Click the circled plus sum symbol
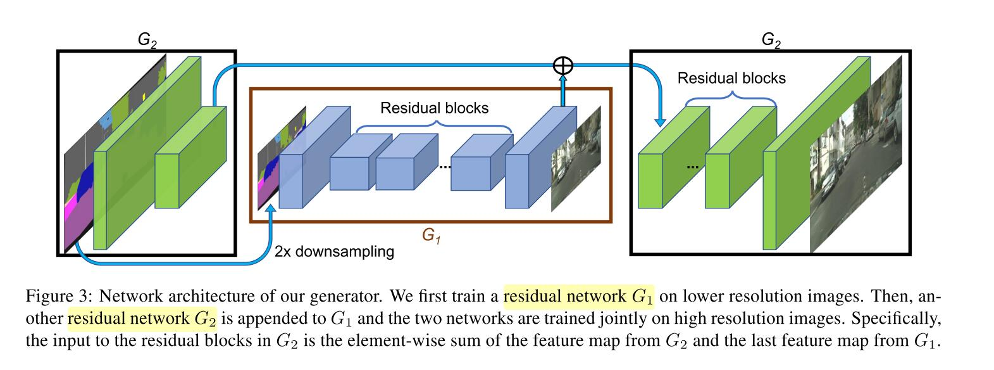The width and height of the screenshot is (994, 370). point(562,65)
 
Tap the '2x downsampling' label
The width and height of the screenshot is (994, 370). point(334,252)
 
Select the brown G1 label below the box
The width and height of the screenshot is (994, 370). point(431,236)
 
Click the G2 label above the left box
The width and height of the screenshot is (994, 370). point(147,40)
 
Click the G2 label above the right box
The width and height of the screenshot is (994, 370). point(771,40)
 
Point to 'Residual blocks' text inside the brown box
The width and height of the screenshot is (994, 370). point(434,108)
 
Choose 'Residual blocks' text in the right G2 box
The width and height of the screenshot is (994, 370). point(731,79)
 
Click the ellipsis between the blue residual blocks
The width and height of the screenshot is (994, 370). point(444,166)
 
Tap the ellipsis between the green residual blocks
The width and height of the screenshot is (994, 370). point(692,166)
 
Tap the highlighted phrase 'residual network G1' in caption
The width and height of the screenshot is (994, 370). point(578,296)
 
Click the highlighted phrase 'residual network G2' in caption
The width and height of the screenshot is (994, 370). point(142,319)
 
